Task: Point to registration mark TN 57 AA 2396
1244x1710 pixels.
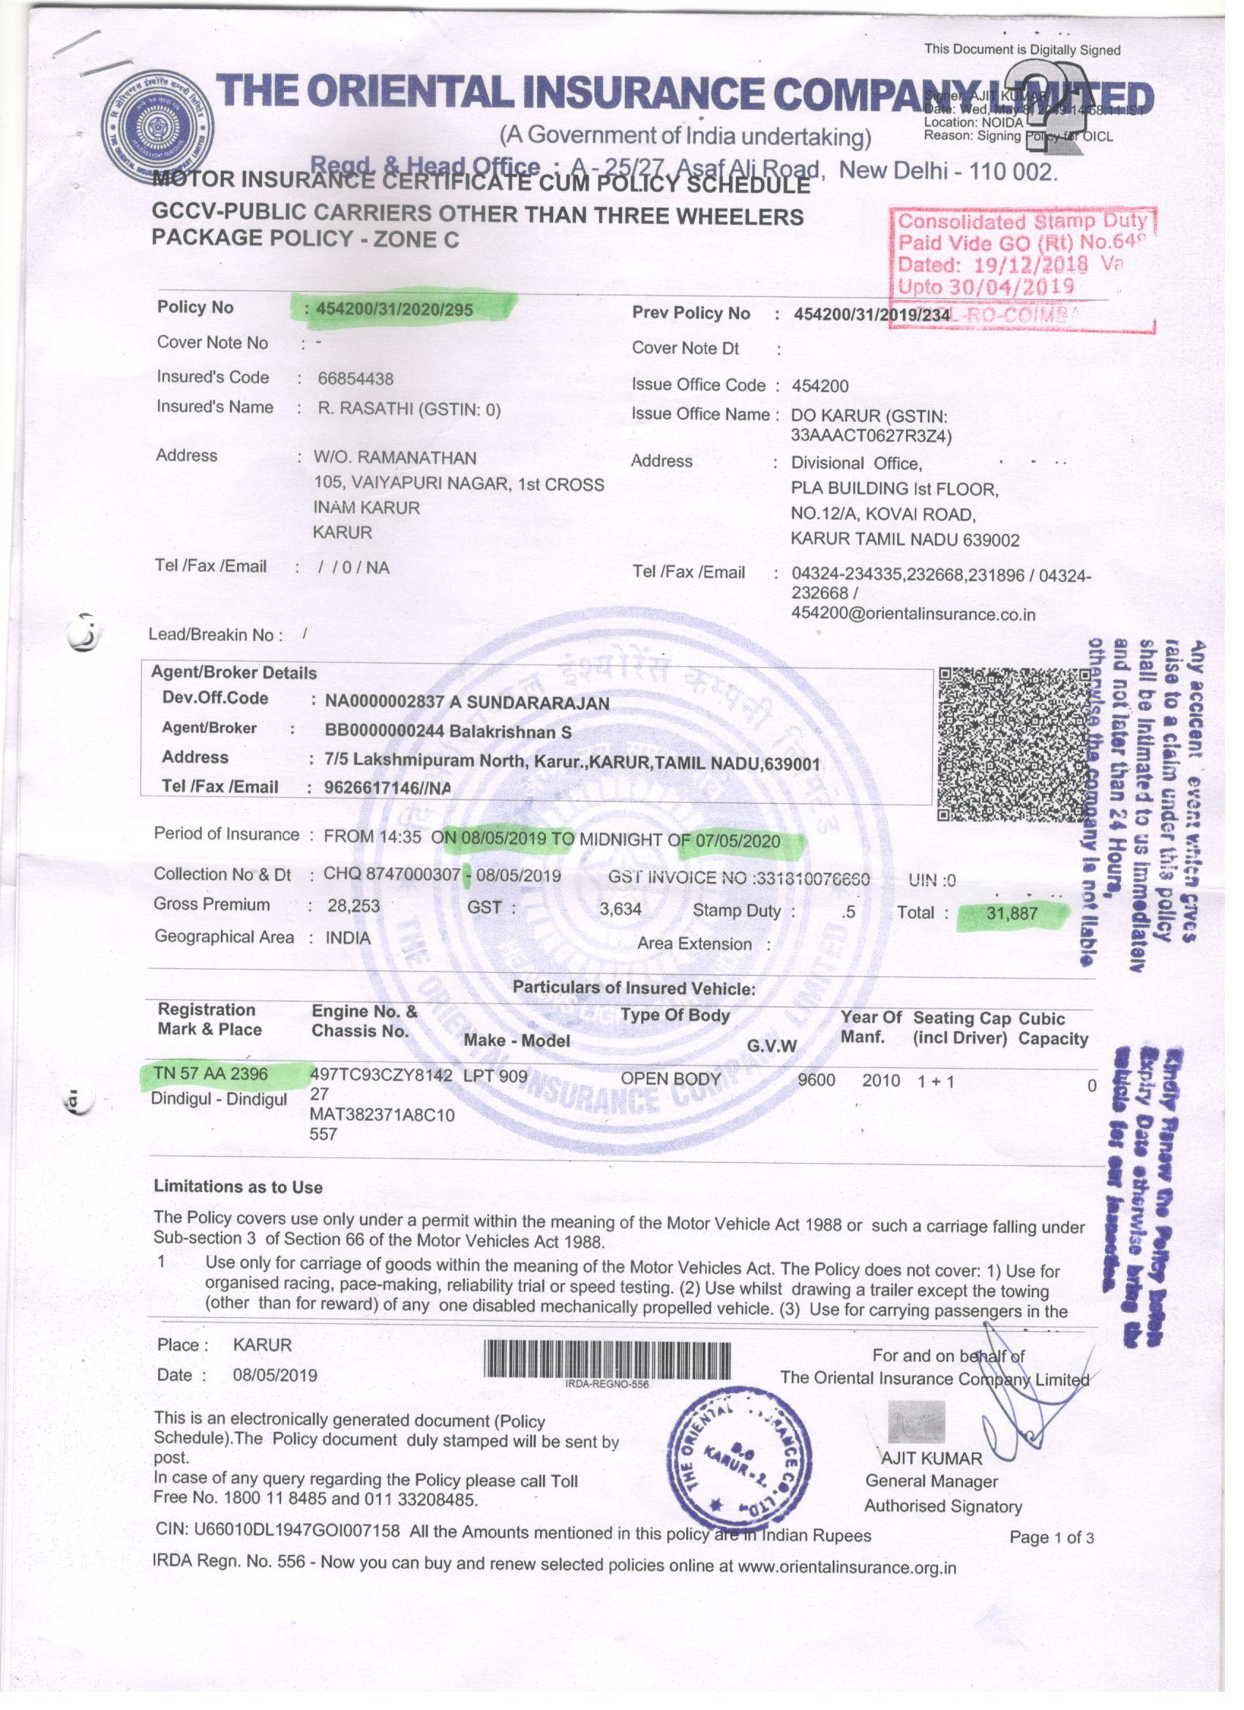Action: coord(211,1074)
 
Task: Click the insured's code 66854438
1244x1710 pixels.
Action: coord(356,378)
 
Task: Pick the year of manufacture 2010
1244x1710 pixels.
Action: coord(881,1081)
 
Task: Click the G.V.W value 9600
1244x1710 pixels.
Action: coord(816,1080)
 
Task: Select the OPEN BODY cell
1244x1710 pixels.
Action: coord(670,1079)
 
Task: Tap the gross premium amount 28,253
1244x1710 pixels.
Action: coord(353,906)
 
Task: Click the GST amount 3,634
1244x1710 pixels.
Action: coord(620,909)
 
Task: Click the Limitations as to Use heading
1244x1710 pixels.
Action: coord(238,1187)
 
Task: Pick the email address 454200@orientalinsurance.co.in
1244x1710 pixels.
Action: coord(913,614)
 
